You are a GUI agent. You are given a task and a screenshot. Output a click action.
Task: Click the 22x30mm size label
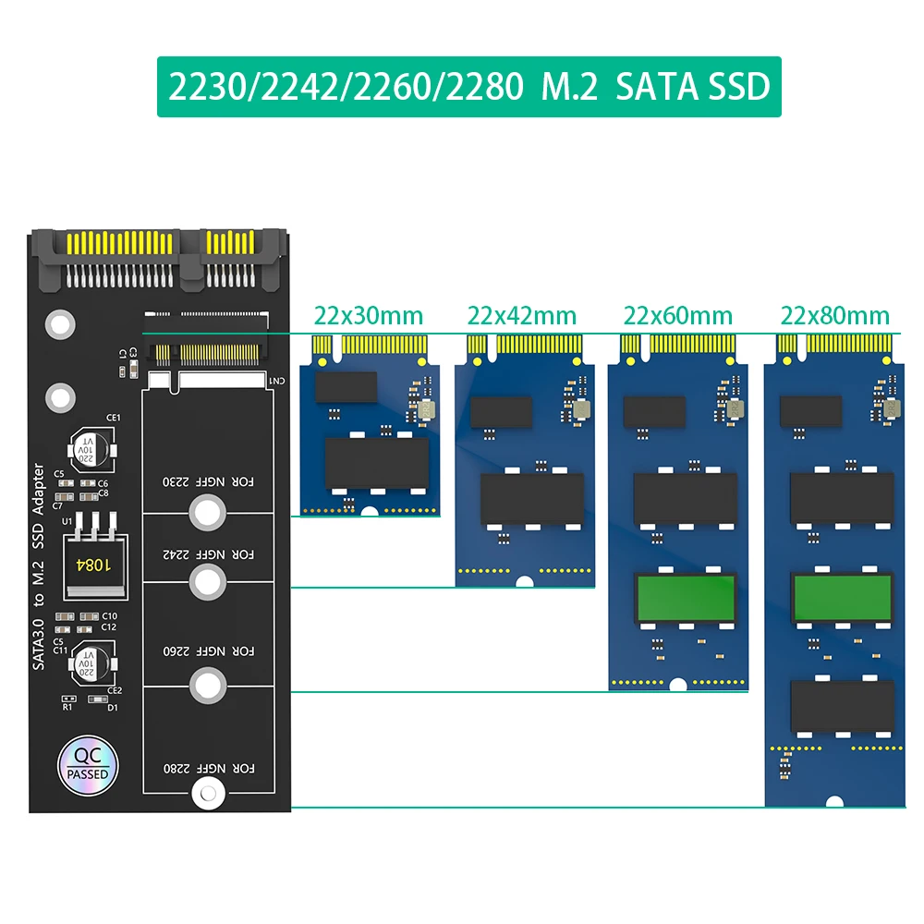pos(366,316)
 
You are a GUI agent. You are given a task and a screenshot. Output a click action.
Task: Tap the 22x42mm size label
pos(522,316)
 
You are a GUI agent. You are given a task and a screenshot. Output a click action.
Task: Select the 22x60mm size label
pos(678,316)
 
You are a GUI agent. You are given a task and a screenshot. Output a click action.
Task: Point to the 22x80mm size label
pos(834,316)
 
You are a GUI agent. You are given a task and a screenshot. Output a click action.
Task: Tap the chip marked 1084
pos(90,563)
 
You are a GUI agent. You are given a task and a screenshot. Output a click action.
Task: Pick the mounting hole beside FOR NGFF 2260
pos(207,685)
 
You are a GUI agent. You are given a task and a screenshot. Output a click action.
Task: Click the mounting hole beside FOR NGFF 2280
pos(207,793)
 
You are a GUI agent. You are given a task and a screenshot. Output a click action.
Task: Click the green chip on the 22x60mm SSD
pos(685,596)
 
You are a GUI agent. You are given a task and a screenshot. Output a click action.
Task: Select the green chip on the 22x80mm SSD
pos(842,596)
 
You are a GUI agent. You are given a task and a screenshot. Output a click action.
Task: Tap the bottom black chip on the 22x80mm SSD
pos(842,706)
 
